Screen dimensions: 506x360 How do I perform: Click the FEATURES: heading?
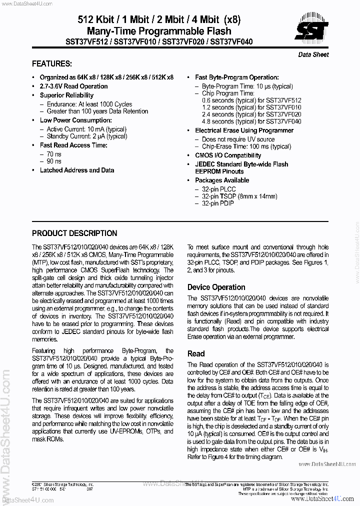coord(51,63)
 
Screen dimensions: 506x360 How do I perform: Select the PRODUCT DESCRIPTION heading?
coord(74,233)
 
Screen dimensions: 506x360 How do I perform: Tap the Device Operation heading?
coord(216,287)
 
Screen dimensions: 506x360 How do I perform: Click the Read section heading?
coord(196,353)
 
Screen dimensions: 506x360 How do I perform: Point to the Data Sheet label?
coord(313,54)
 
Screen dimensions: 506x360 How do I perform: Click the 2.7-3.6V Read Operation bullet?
coord(73,86)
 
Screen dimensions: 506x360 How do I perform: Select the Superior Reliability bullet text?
coord(66,95)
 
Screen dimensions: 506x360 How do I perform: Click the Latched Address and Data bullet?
coord(77,170)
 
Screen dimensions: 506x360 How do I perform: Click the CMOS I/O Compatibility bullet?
coord(228,155)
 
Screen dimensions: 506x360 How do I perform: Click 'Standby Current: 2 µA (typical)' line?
coord(87,136)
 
